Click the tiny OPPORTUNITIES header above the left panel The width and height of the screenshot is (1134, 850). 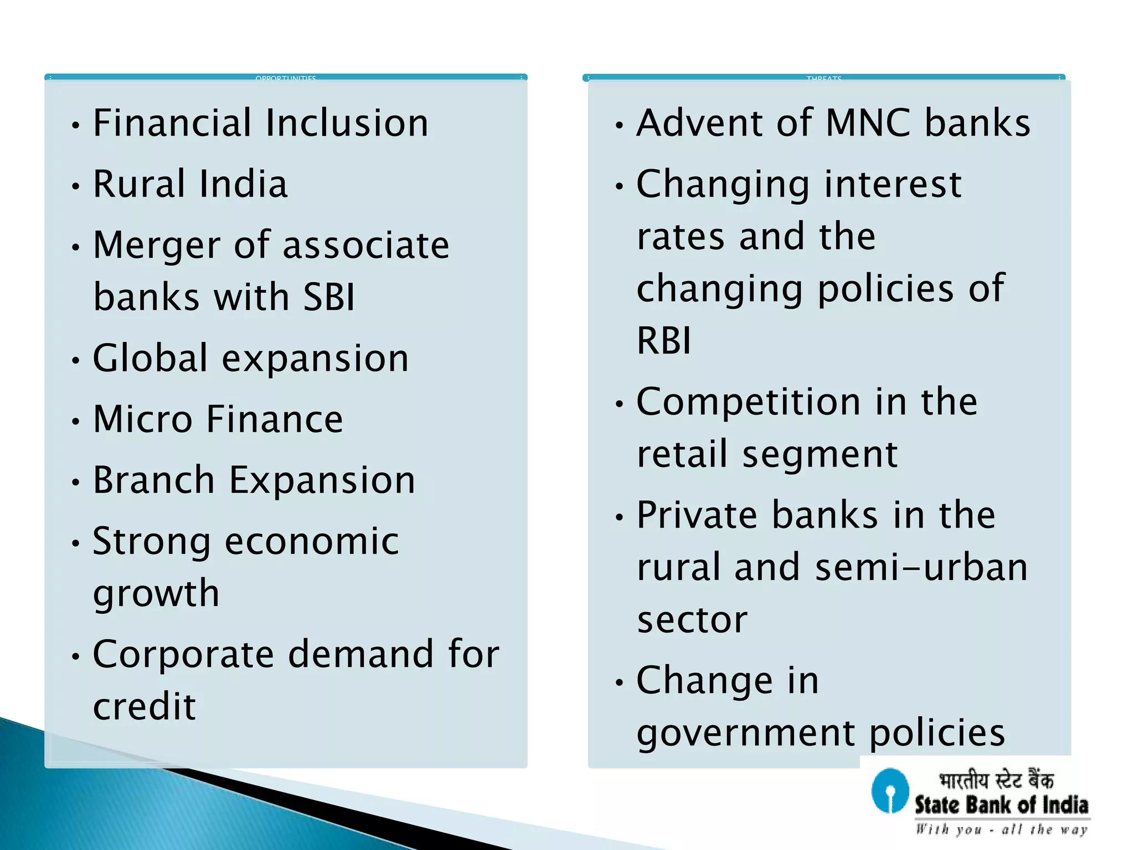(x=286, y=79)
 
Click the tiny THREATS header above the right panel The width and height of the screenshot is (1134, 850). (x=824, y=79)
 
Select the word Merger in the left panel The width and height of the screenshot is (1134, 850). (x=157, y=246)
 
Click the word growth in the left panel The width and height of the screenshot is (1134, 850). (x=156, y=594)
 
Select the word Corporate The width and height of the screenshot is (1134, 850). (x=183, y=655)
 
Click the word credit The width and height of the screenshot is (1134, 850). (x=145, y=707)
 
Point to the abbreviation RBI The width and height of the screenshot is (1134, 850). (x=664, y=340)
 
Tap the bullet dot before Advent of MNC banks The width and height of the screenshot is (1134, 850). (x=619, y=126)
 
